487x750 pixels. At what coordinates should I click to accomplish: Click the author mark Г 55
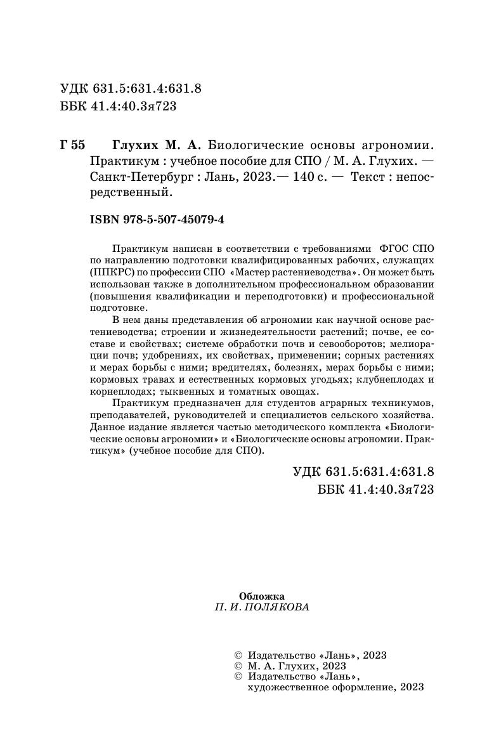coord(72,145)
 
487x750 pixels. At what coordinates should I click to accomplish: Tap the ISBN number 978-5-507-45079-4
coord(158,220)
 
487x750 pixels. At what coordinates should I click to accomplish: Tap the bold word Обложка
coord(262,596)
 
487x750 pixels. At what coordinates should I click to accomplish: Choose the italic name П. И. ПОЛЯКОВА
coord(262,607)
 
